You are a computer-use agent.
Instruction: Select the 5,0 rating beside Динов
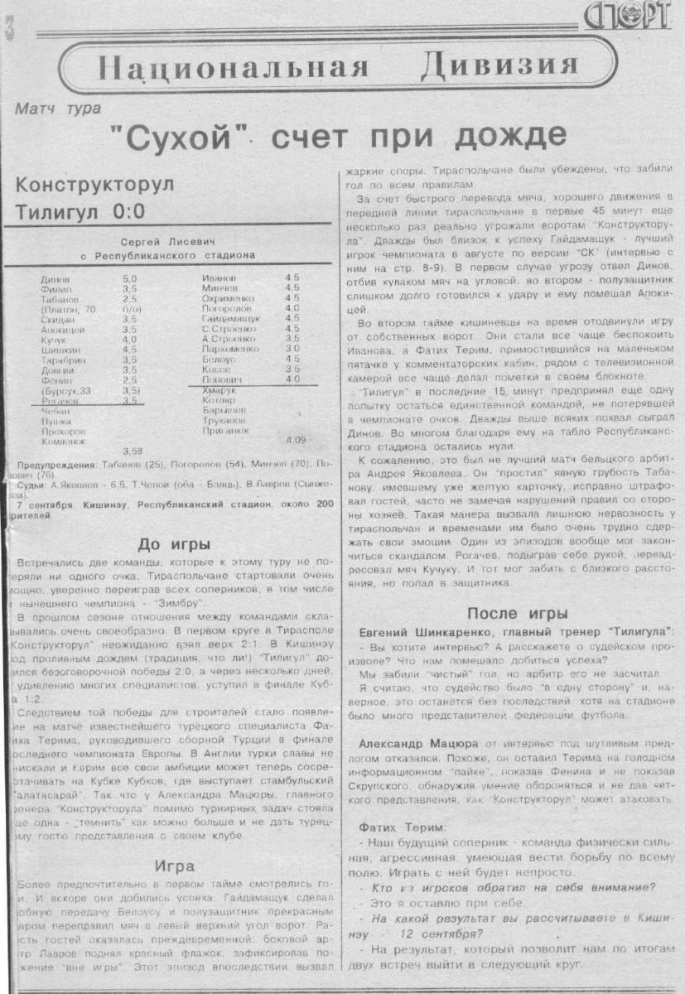(129, 279)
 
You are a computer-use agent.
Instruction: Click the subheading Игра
(174, 866)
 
